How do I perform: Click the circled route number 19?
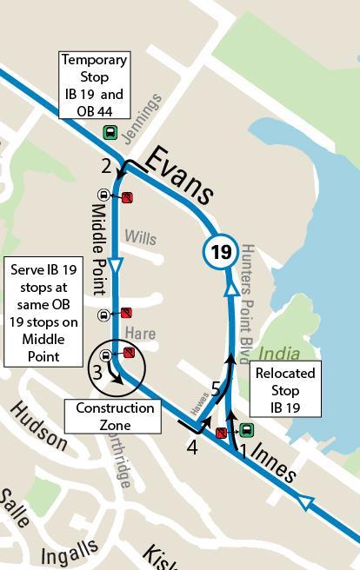[221, 253]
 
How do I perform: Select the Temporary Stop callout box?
[94, 84]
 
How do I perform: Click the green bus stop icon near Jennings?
[110, 133]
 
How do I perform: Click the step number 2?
[106, 166]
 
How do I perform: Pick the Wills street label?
[139, 236]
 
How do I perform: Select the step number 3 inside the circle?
[97, 373]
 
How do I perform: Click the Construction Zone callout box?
[115, 416]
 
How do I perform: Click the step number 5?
[216, 389]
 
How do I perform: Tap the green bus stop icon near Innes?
[247, 429]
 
